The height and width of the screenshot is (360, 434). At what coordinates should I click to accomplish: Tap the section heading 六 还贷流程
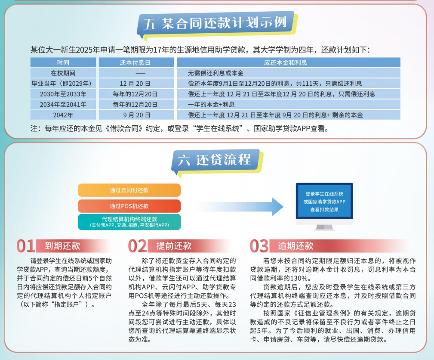point(215,160)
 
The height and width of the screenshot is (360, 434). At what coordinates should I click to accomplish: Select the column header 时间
point(63,62)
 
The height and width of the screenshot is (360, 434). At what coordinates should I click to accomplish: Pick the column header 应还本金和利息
point(286,62)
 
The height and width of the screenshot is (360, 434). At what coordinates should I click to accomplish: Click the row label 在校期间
point(63,73)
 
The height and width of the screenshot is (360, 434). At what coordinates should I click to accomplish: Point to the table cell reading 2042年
point(63,115)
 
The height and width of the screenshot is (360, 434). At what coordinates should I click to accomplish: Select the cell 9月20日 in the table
point(137,115)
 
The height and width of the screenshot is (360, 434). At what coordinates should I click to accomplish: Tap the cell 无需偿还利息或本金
point(215,73)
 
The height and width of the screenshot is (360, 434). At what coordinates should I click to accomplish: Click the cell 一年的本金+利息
point(211,105)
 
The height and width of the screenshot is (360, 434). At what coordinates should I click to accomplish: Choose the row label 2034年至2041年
point(63,105)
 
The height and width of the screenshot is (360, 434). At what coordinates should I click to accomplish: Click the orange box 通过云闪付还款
point(129,190)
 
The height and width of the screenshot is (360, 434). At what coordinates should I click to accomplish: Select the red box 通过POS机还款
point(129,206)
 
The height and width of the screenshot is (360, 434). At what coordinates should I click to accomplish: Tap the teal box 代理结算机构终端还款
point(129,222)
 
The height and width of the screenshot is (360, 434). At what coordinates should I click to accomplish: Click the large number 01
point(25,246)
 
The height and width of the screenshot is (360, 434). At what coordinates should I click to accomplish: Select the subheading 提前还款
point(174,246)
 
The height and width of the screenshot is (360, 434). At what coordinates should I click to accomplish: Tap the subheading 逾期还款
point(295,246)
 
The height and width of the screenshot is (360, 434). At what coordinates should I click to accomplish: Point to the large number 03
point(259,246)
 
